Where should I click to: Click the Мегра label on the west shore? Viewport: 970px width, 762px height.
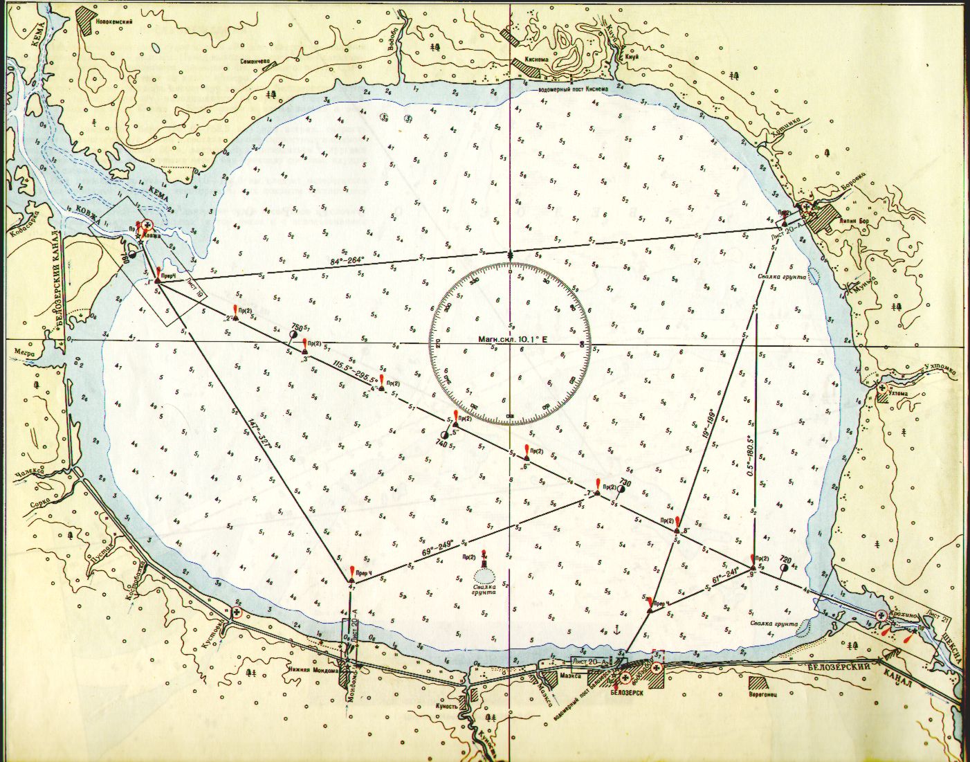24,351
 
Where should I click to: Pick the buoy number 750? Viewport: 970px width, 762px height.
298,326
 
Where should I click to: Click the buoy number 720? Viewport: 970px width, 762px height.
785,559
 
